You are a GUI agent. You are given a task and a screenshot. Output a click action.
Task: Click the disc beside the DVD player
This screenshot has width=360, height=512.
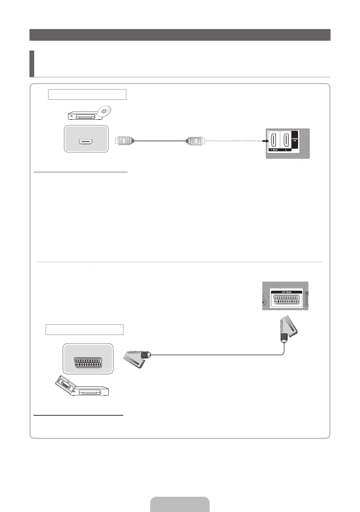click(105, 112)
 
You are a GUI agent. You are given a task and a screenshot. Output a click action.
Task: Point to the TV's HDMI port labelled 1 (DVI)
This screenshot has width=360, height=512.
click(273, 140)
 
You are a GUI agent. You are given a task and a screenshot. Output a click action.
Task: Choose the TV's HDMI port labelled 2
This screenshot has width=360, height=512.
click(286, 140)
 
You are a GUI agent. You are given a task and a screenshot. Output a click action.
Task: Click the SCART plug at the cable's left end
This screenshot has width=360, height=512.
click(137, 358)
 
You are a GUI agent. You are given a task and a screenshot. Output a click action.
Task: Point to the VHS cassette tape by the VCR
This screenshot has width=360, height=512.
click(64, 384)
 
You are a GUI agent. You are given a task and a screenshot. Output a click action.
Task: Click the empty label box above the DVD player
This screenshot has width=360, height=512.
click(87, 94)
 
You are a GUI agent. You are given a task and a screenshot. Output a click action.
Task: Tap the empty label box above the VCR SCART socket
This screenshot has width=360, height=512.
click(84, 330)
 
